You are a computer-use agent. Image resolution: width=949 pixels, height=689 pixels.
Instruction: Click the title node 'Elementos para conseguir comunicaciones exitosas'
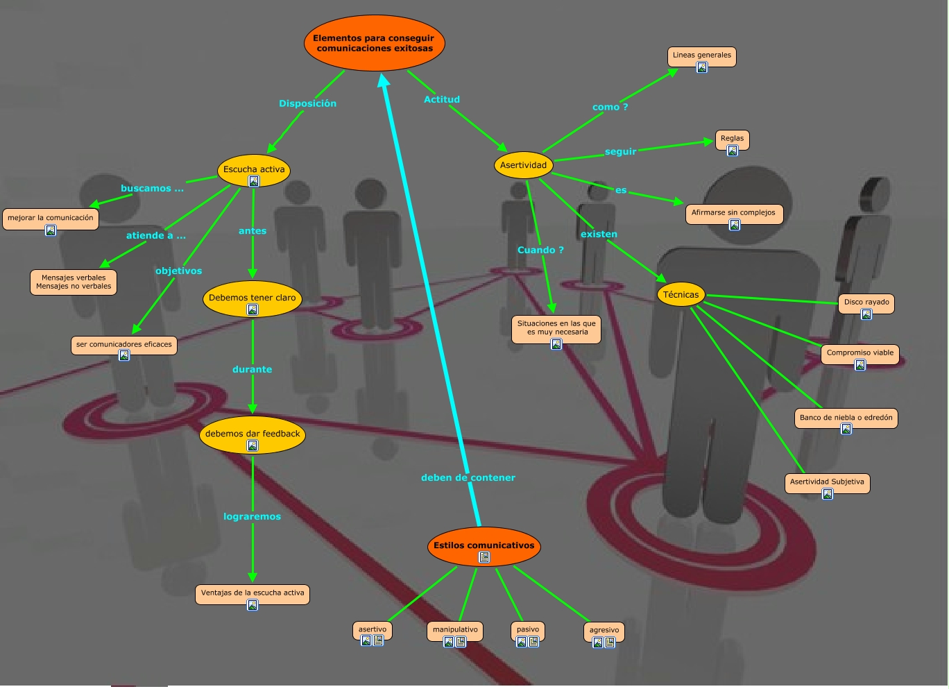tap(374, 43)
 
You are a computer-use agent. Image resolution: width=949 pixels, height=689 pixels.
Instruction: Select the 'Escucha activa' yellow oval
tap(254, 169)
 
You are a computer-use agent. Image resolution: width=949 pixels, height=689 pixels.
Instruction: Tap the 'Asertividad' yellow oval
tap(524, 165)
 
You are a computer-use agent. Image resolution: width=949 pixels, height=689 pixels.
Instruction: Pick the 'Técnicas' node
tap(681, 294)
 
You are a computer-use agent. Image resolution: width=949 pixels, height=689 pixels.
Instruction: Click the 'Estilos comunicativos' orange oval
tap(484, 545)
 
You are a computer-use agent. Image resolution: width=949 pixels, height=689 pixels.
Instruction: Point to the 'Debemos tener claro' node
tap(252, 298)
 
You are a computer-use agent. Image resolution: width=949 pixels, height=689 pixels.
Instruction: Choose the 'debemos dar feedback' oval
tap(253, 434)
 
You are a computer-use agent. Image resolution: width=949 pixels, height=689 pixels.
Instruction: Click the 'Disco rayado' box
tap(866, 303)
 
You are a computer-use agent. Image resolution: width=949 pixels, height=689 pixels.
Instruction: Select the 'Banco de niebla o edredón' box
tap(846, 418)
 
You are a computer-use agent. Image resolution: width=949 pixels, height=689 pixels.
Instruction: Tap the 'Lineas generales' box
tap(701, 56)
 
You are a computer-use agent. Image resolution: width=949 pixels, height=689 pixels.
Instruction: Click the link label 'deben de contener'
tap(468, 477)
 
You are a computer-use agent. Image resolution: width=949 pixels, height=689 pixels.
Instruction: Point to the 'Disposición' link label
tap(307, 103)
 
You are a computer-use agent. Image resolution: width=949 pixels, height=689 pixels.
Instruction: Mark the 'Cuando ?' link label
tap(540, 250)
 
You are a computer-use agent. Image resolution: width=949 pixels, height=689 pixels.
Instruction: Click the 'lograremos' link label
tap(252, 516)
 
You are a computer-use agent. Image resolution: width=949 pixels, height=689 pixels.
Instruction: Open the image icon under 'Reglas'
tap(732, 151)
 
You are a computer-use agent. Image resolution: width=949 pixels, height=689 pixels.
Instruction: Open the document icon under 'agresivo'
tap(610, 643)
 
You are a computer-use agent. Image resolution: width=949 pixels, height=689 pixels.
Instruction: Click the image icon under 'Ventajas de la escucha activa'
tap(253, 605)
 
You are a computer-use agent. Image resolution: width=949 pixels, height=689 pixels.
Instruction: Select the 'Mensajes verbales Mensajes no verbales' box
tap(74, 282)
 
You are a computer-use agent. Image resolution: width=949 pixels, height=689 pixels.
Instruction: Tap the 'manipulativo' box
tap(455, 629)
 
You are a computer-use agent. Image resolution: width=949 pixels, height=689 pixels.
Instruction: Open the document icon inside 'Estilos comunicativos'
tap(484, 557)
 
